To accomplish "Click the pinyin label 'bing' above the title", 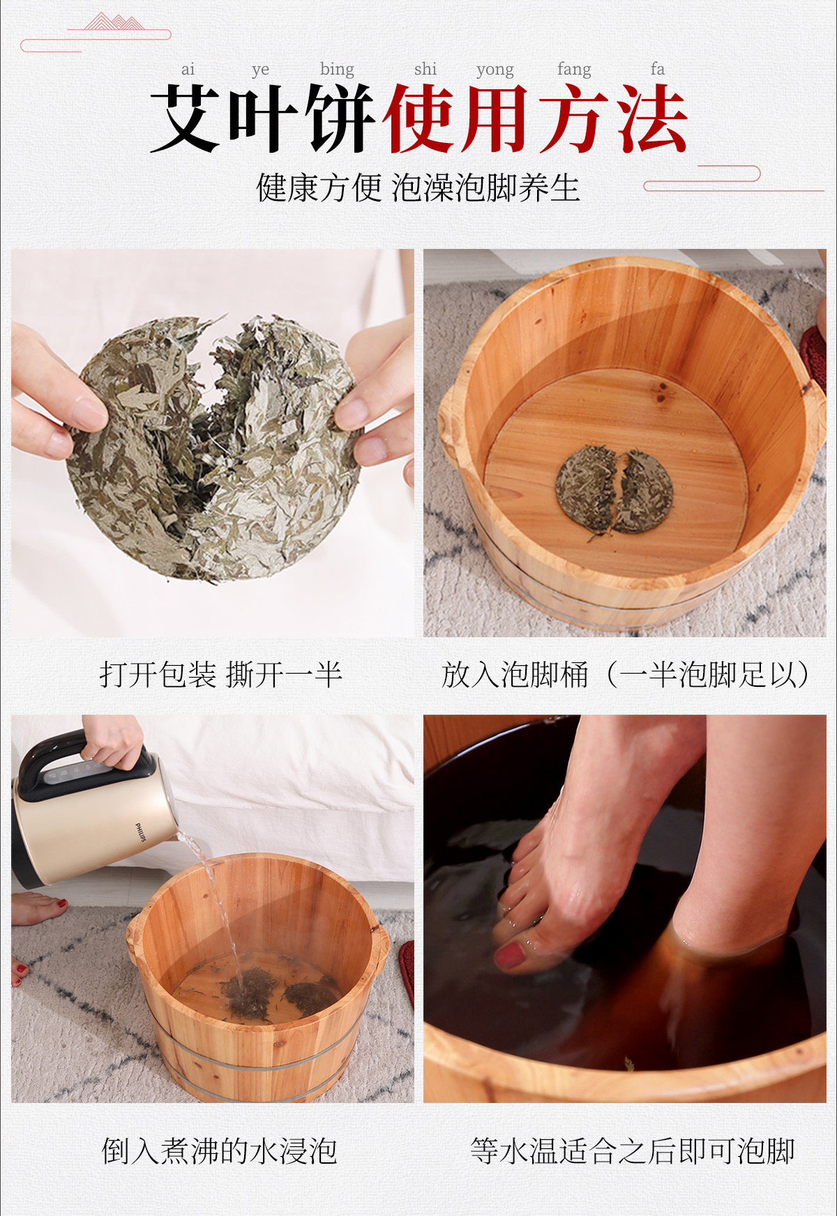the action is coord(337,70).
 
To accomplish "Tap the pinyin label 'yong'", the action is coord(495,70).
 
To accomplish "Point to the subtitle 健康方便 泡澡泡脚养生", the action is coord(418,188).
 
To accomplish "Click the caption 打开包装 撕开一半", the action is coord(220,674).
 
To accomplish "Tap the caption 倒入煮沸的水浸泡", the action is coord(220,1150).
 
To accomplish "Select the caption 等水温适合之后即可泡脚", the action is coord(633,1150).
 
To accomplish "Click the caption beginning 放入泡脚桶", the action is coord(626,674).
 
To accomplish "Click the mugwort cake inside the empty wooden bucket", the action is coord(614,492).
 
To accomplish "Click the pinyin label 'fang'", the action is coord(574,70).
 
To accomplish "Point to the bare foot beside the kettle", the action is coord(38,908).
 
